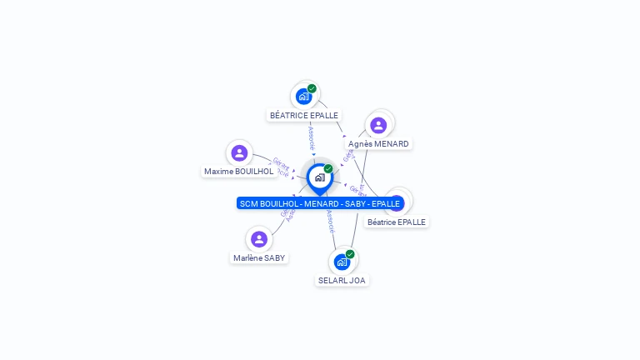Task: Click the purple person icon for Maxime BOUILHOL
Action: click(239, 152)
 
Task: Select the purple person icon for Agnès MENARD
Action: click(378, 125)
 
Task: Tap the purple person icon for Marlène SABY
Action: click(259, 239)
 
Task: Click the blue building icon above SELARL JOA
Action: click(341, 262)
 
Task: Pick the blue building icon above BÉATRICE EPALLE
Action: click(303, 96)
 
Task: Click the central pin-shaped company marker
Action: click(319, 177)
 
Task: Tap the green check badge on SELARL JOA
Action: click(350, 254)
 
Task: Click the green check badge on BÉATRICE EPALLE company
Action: click(312, 88)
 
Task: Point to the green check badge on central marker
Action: click(328, 169)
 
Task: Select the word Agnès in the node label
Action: click(360, 144)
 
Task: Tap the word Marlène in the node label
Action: click(247, 258)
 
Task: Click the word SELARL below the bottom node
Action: click(332, 281)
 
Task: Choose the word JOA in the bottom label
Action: click(357, 281)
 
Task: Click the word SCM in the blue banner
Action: click(248, 204)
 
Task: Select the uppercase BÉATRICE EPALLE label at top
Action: click(304, 116)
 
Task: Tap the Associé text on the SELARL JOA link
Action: click(331, 220)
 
